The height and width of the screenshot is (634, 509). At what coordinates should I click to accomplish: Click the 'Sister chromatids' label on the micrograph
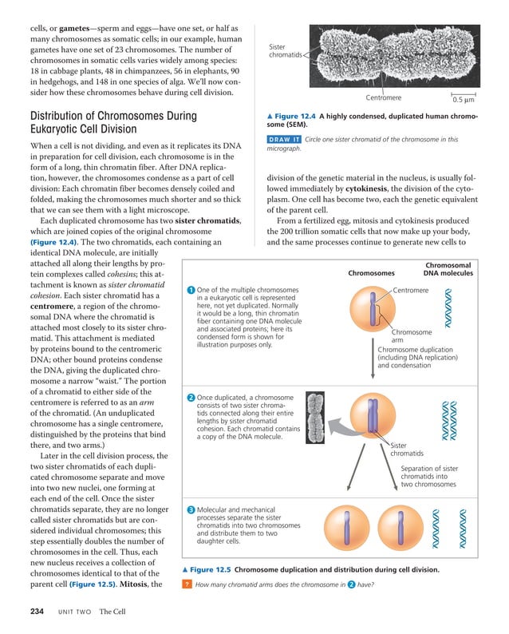pyautogui.click(x=285, y=51)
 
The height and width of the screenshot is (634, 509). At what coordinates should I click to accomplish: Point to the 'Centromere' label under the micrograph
pyautogui.click(x=383, y=98)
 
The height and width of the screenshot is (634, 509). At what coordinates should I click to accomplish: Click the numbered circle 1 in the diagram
pyautogui.click(x=191, y=289)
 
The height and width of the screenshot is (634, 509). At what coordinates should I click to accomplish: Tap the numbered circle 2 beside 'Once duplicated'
pyautogui.click(x=191, y=398)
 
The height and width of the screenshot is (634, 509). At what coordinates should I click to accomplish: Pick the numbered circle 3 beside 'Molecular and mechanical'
pyautogui.click(x=191, y=509)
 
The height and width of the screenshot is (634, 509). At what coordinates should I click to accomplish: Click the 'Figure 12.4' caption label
pyautogui.click(x=296, y=117)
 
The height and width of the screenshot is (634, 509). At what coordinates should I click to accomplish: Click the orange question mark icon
pyautogui.click(x=186, y=585)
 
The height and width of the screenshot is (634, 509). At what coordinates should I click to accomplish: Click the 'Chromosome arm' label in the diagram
pyautogui.click(x=412, y=336)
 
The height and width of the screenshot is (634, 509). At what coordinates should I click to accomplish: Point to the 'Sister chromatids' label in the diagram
pyautogui.click(x=407, y=450)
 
